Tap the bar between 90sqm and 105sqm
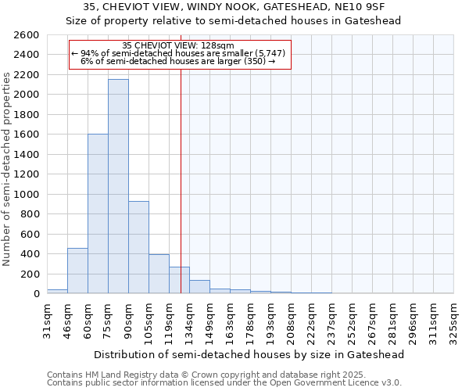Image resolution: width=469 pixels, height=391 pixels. click(138, 247)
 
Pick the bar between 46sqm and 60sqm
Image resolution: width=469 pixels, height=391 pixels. click(77, 271)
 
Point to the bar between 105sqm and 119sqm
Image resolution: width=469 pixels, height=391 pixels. click(159, 274)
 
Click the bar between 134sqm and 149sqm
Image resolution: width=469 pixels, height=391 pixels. click(199, 287)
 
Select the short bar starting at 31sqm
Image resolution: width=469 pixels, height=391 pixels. click(57, 291)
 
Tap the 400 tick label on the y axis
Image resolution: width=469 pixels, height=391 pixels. click(30, 254)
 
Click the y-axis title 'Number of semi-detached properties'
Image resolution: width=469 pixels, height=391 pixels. click(8, 168)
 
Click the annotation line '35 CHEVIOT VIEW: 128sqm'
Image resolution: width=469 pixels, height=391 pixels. click(179, 45)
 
